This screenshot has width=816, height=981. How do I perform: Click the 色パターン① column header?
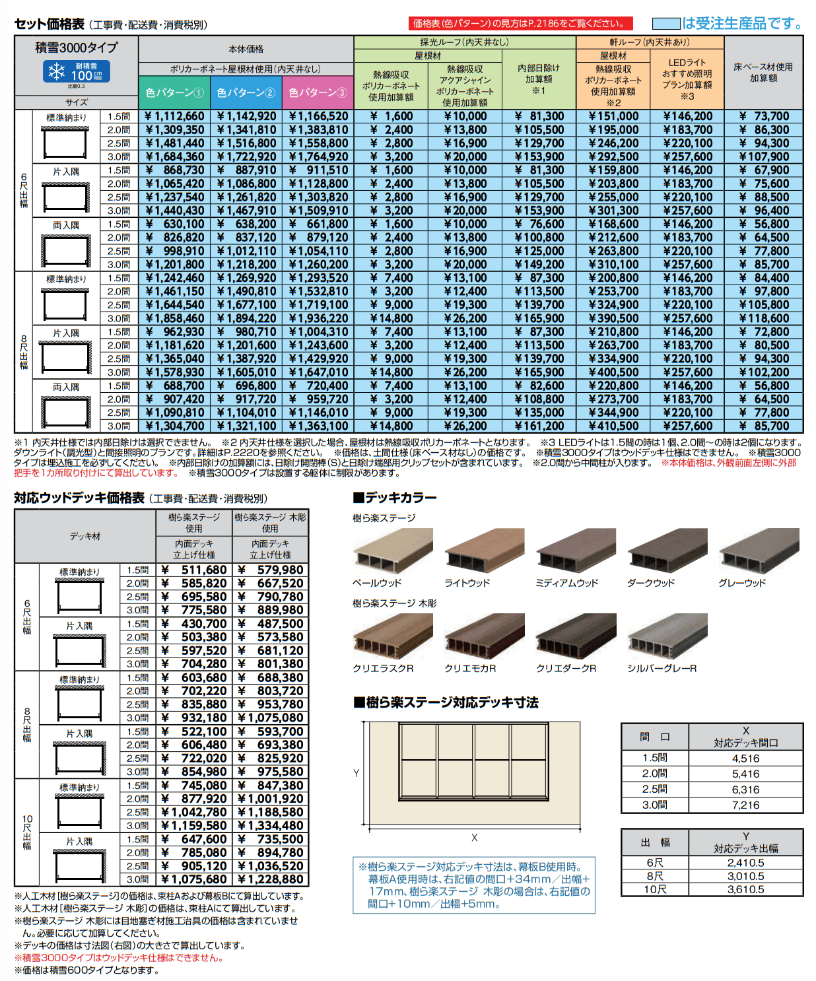[x=174, y=92]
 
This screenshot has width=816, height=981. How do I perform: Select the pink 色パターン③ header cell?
[x=318, y=92]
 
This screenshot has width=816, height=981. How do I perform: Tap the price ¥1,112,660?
[x=175, y=116]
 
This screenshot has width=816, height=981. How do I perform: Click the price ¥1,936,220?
[x=318, y=318]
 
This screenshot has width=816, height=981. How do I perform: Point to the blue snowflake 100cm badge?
[x=77, y=72]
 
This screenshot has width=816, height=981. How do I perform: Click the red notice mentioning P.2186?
[x=520, y=24]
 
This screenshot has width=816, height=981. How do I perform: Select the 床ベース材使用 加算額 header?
[x=763, y=72]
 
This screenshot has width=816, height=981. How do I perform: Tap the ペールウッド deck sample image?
[x=393, y=551]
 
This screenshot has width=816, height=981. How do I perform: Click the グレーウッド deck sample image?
[x=759, y=551]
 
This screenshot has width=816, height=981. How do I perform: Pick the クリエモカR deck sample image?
[x=485, y=636]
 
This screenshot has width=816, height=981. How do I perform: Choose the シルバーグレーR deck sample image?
[x=667, y=636]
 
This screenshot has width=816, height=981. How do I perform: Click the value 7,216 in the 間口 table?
[x=745, y=805]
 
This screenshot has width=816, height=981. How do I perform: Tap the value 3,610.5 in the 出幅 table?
[x=745, y=889]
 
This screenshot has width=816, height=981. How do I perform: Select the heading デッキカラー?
[x=395, y=498]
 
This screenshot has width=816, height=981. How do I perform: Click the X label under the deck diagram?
[x=474, y=838]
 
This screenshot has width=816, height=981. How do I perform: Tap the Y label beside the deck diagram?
[x=357, y=773]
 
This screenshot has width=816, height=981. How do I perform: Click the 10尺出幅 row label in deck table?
[x=27, y=832]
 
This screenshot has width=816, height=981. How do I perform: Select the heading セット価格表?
[x=50, y=24]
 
